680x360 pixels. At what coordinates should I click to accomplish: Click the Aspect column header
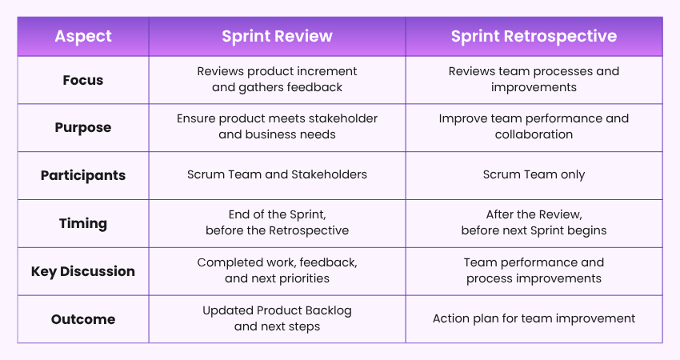83,37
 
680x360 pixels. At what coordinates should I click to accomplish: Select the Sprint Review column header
277,37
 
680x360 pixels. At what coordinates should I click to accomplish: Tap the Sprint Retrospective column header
534,37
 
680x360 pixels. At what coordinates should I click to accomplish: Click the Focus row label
83,80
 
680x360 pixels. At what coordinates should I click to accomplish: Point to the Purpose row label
83,127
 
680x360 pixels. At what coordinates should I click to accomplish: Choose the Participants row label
83,175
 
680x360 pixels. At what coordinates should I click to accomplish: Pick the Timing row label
83,223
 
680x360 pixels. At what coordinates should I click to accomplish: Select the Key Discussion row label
83,271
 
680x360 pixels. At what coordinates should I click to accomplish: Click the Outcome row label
83,319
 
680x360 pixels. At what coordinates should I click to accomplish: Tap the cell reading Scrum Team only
534,175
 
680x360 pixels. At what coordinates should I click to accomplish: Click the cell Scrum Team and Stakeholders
277,175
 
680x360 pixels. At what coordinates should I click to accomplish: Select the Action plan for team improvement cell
534,318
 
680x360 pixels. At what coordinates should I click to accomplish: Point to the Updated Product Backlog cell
277,318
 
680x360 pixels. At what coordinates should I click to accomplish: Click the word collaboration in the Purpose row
534,134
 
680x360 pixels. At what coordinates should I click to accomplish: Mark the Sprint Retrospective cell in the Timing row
534,222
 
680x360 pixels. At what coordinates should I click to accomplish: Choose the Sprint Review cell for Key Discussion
277,270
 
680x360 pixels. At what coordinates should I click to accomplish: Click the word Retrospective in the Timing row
311,230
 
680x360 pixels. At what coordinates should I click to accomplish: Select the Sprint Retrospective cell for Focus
534,79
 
